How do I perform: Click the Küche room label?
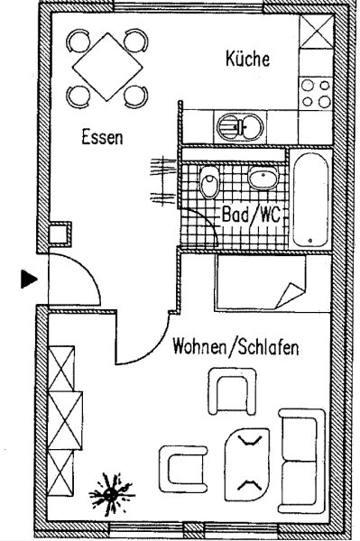tap(247, 59)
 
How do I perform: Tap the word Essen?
tap(102, 137)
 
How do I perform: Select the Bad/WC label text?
tap(251, 215)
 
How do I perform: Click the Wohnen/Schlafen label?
tap(235, 347)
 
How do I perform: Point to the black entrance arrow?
tap(29, 279)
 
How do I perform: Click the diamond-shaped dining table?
tap(107, 67)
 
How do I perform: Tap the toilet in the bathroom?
tap(209, 182)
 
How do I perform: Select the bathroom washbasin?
tap(263, 178)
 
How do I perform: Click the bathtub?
tap(310, 200)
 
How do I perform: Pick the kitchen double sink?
tap(240, 127)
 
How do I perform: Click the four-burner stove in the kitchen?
tap(316, 94)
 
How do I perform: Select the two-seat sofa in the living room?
tap(301, 461)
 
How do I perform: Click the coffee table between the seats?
tap(247, 464)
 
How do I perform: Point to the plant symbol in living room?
tap(111, 495)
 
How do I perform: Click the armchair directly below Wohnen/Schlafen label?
tap(232, 391)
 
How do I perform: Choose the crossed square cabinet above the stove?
tap(316, 32)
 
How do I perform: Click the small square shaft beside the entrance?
tap(60, 234)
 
